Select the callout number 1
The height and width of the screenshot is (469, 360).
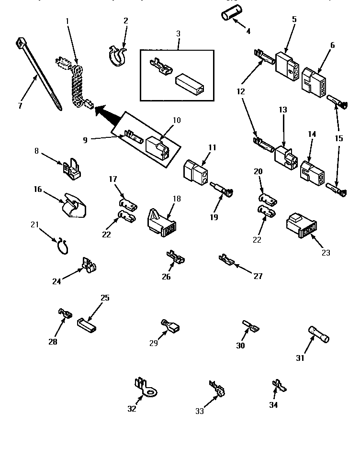tap(67, 21)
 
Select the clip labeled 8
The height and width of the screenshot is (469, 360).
tap(71, 168)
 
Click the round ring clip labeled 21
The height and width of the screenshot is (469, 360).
tap(62, 247)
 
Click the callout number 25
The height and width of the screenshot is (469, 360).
tap(105, 298)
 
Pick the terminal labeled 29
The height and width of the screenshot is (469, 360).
tap(170, 328)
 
